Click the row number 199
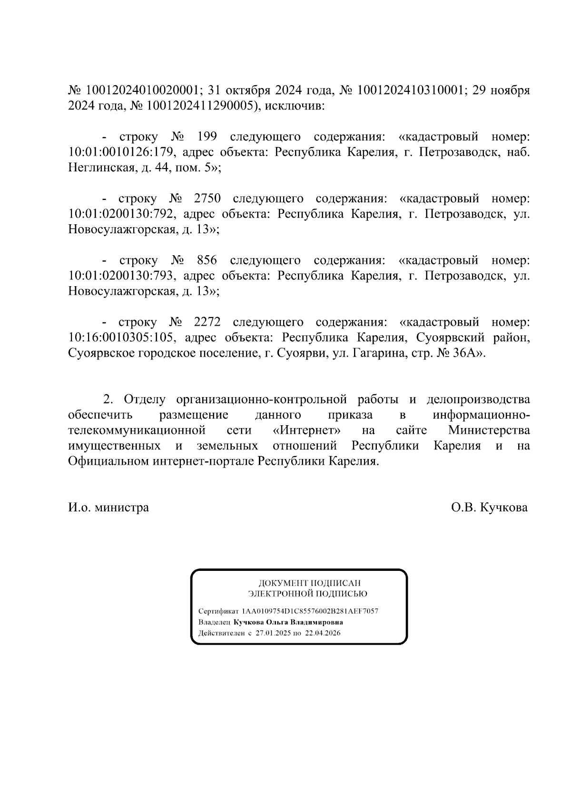pyautogui.click(x=207, y=137)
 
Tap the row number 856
pyautogui.click(x=207, y=260)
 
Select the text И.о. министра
pyautogui.click(x=108, y=508)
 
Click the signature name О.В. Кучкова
pyautogui.click(x=489, y=508)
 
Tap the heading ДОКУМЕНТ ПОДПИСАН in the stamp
pyautogui.click(x=309, y=583)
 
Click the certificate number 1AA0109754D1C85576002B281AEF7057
pyautogui.click(x=310, y=611)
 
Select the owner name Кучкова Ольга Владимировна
pyautogui.click(x=288, y=622)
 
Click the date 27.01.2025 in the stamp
pyautogui.click(x=272, y=633)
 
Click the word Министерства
pyautogui.click(x=489, y=430)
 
